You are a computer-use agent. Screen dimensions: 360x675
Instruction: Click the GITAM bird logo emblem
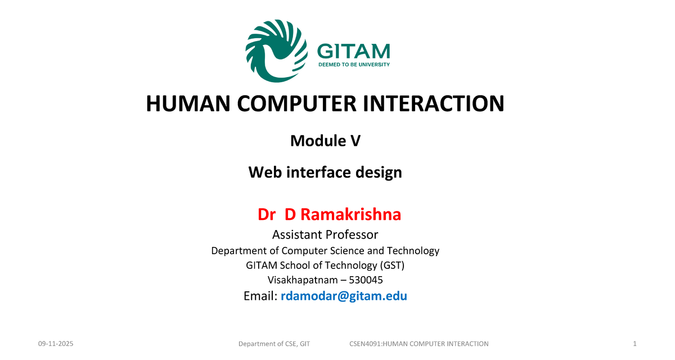[277, 51]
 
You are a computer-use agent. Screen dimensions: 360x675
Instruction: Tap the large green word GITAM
[353, 52]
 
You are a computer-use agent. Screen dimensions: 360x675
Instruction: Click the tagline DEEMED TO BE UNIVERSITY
[354, 65]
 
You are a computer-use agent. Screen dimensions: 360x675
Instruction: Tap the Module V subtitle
[325, 141]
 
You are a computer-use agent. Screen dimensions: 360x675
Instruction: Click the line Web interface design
[325, 172]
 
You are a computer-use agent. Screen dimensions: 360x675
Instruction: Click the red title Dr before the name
[267, 214]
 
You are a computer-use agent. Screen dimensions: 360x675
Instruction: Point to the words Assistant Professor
[325, 235]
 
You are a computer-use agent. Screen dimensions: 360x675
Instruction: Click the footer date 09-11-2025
[56, 344]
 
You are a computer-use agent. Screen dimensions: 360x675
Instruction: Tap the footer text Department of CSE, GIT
[274, 344]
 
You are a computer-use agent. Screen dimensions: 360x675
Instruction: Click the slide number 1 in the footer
[634, 344]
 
